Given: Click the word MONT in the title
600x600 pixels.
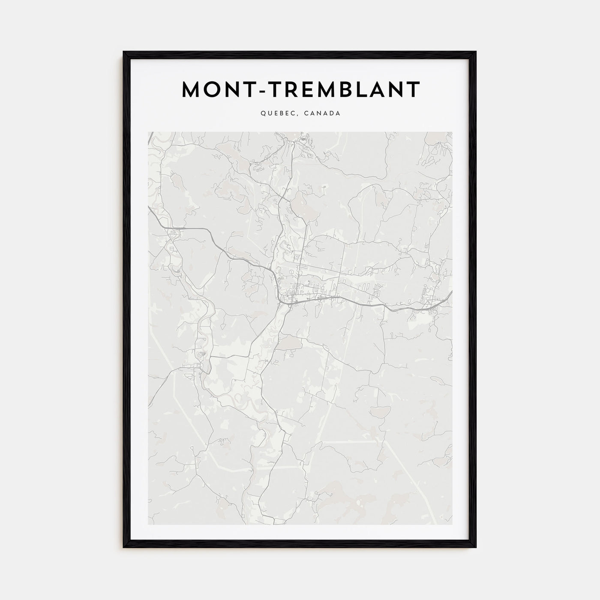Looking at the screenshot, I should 213,90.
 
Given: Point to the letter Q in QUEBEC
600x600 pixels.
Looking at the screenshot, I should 262,114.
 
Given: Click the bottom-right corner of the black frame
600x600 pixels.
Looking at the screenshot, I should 476,547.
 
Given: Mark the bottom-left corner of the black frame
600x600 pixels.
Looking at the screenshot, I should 124,547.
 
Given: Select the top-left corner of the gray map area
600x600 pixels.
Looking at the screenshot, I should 148,132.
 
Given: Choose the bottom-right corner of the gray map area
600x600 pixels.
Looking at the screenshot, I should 452,525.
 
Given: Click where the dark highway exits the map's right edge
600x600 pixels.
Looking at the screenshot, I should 451,292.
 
